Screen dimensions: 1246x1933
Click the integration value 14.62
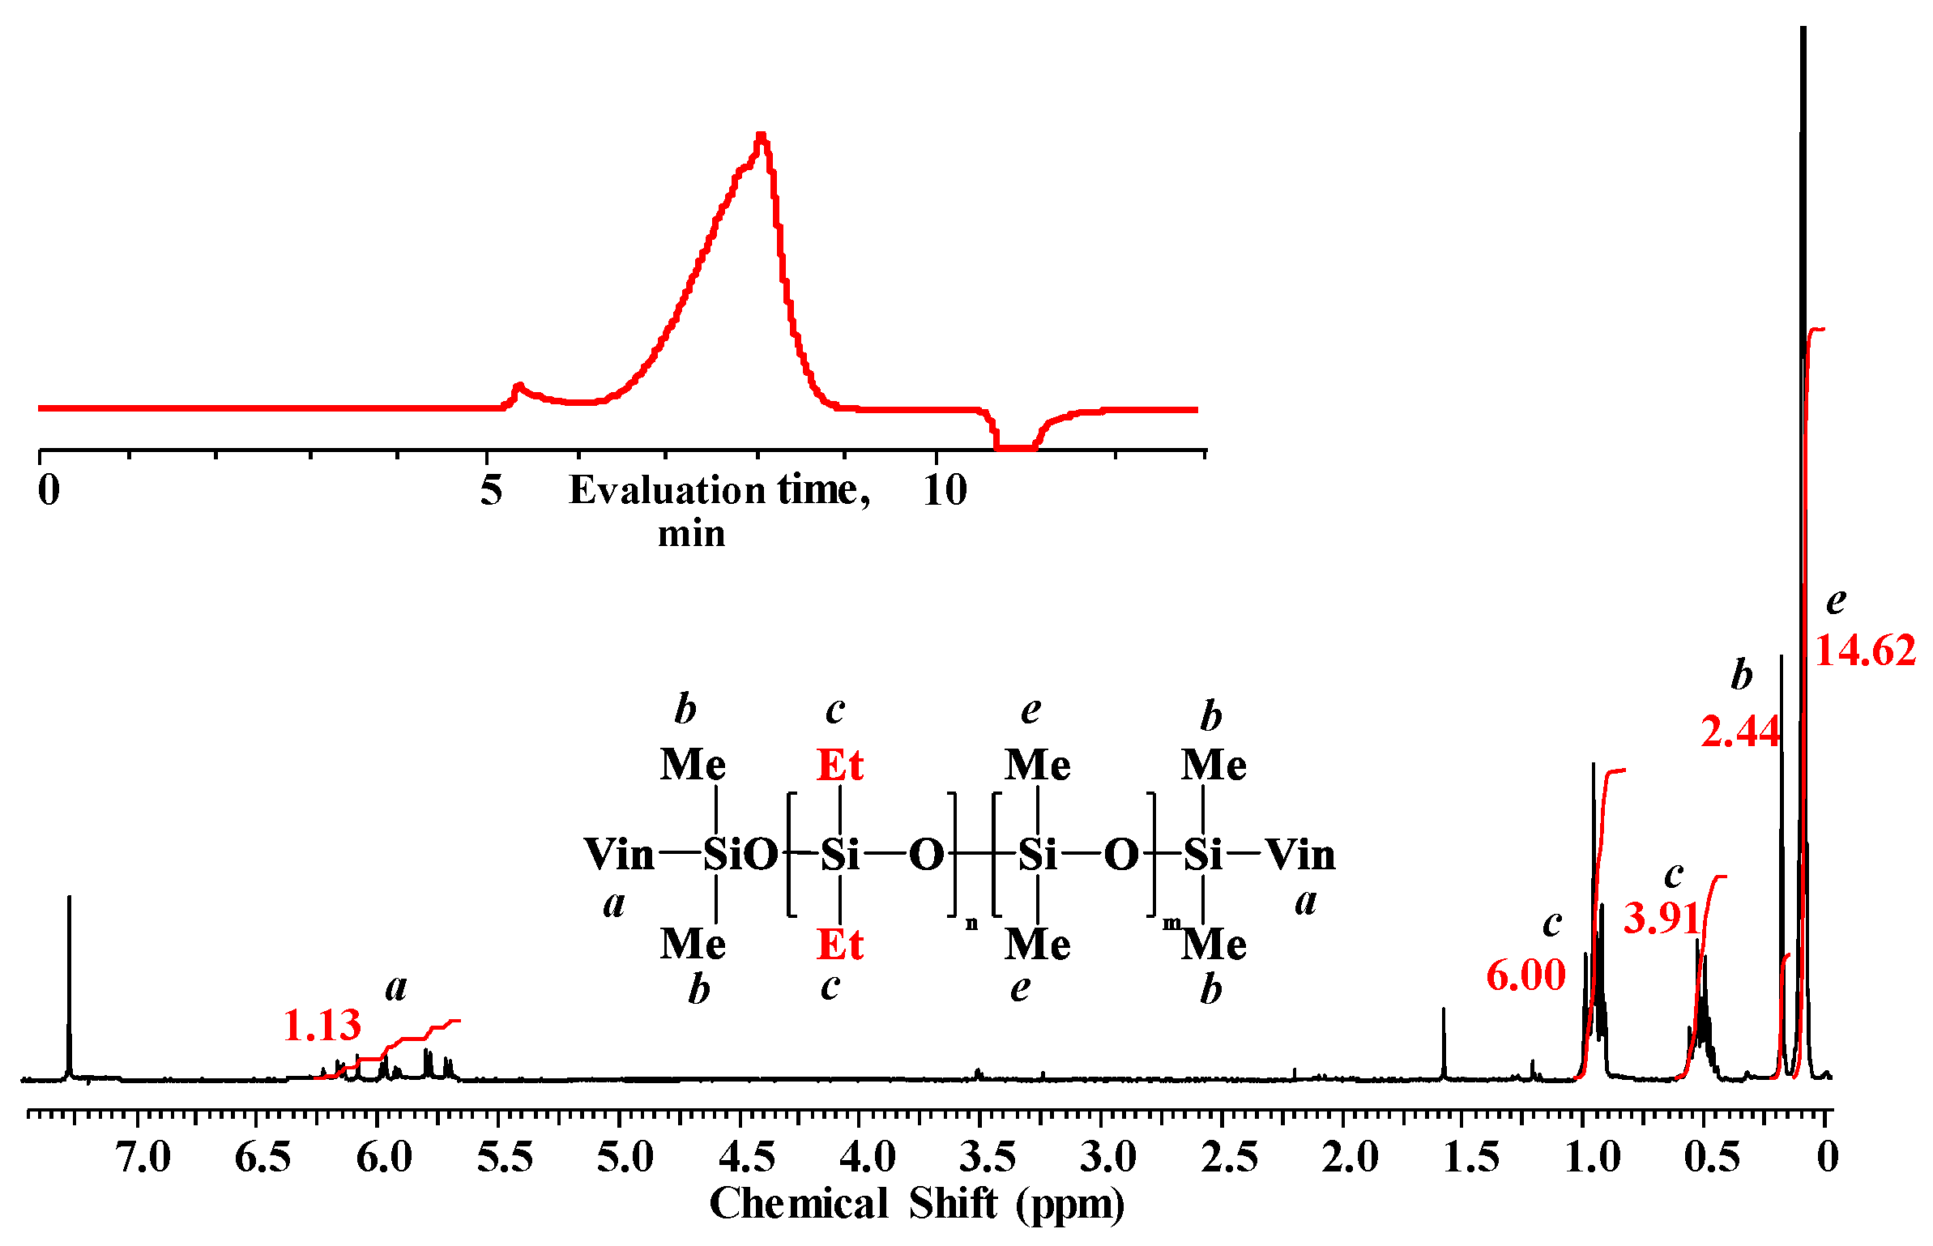1864,651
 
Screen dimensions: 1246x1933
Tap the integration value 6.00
1525,975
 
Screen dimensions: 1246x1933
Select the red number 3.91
1662,919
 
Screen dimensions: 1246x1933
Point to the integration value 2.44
1739,732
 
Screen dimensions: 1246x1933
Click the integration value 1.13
322,1026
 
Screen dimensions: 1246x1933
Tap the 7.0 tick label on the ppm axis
143,1157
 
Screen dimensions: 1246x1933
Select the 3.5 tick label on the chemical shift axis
987,1157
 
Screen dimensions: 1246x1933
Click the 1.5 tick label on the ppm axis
1470,1157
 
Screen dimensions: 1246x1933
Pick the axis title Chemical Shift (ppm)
916,1204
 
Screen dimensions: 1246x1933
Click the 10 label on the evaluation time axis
945,490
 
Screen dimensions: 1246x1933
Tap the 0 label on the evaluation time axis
49,490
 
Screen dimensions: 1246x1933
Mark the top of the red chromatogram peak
761,136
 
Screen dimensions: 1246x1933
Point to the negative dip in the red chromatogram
1015,445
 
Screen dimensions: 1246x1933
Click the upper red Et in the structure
839,765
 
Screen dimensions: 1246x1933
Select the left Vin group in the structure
619,855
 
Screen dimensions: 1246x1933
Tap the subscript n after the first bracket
971,924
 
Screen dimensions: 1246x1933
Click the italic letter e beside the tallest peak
1836,601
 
